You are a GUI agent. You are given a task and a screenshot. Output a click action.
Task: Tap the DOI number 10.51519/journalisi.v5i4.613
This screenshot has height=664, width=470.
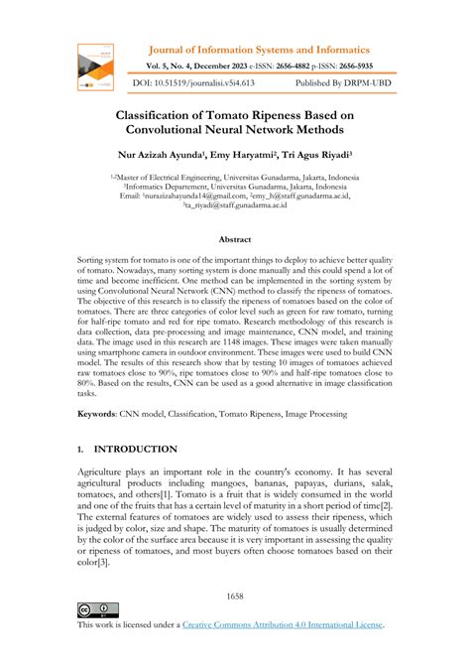[x=211, y=83]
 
